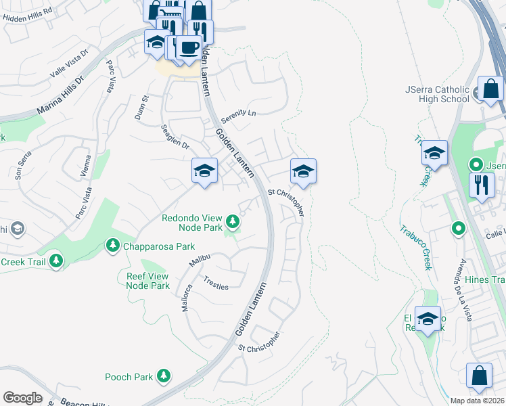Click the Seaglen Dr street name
coord(175,137)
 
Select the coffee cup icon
coord(189,47)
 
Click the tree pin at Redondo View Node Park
coord(232,221)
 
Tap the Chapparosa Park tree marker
coord(112,245)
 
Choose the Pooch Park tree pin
coord(163,376)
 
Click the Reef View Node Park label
coord(148,281)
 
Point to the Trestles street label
coord(216,282)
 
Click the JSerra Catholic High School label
coord(437,94)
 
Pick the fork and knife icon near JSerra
coord(481,184)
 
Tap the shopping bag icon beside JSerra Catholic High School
coord(490,89)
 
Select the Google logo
coord(22,398)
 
